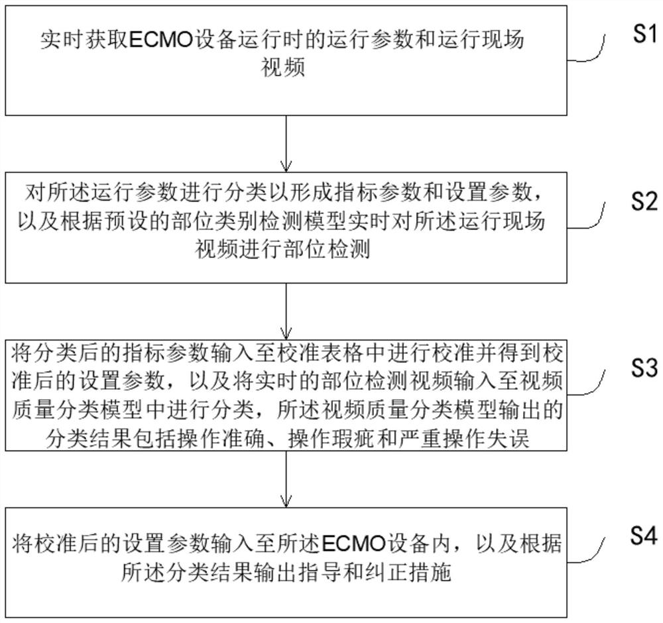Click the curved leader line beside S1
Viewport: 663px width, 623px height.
pos(594,50)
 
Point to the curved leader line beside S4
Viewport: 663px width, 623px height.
pos(594,549)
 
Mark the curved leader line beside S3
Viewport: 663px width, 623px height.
pos(594,383)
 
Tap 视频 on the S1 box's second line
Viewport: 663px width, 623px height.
pos(284,68)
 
